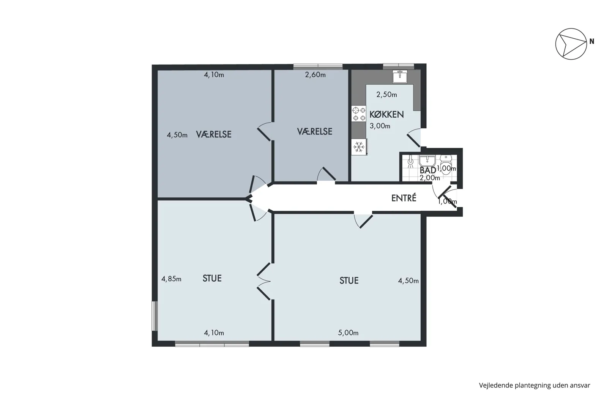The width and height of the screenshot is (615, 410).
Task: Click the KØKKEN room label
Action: [386, 115]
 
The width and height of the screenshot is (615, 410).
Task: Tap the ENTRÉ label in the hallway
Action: [404, 198]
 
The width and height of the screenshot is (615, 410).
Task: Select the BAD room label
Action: [428, 170]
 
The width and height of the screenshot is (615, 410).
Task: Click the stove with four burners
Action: [359, 114]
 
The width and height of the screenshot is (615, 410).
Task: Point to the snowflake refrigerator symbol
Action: [359, 147]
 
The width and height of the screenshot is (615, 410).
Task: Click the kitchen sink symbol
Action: [400, 76]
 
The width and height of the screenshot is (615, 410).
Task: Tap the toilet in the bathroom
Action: [446, 164]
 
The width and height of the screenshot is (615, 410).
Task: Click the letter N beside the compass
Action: [592, 41]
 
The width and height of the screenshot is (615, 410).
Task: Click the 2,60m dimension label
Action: [315, 75]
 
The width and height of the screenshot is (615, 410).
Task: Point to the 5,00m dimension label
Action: [348, 333]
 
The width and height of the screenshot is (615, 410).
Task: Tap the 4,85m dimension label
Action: [171, 279]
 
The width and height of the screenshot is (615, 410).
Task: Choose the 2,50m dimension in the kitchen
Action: [386, 95]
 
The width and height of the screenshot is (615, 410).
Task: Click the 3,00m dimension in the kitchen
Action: [380, 126]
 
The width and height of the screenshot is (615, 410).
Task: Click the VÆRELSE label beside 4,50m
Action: [214, 134]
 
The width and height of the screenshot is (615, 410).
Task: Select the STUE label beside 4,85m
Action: [212, 279]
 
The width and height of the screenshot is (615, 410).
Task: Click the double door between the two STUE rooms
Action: [264, 281]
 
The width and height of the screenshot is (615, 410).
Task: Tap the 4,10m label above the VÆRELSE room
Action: [214, 75]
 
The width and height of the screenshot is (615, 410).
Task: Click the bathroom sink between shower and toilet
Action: [427, 161]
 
